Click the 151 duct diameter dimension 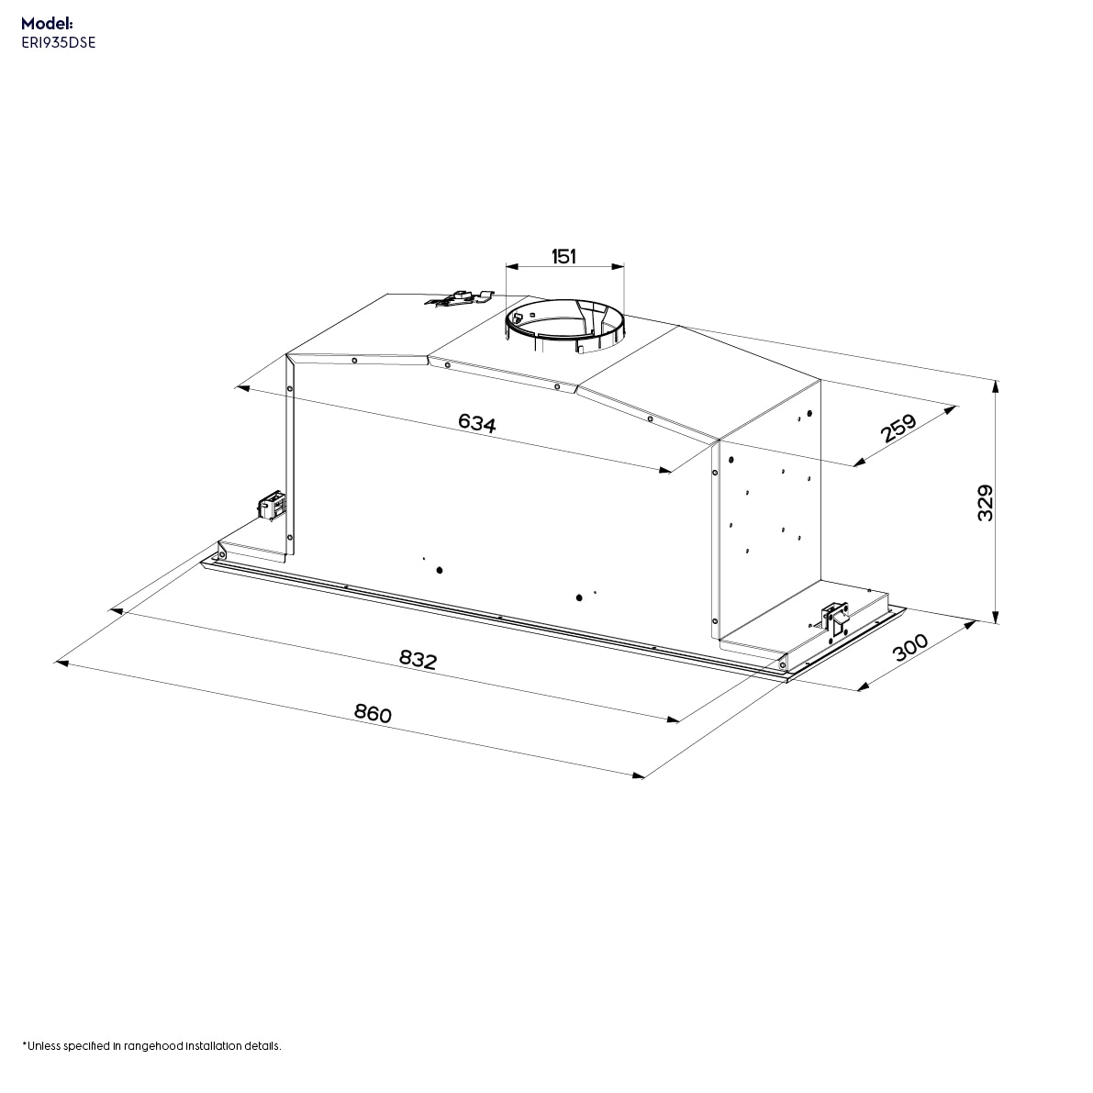pyautogui.click(x=563, y=256)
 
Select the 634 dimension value pyautogui.click(x=477, y=423)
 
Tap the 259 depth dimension pyautogui.click(x=898, y=429)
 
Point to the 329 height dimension pyautogui.click(x=985, y=504)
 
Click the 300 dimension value pyautogui.click(x=910, y=648)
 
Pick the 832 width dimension pyautogui.click(x=418, y=659)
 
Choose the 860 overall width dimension pyautogui.click(x=374, y=713)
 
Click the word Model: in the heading pyautogui.click(x=47, y=24)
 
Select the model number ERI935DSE pyautogui.click(x=57, y=42)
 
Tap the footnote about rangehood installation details pyautogui.click(x=151, y=1045)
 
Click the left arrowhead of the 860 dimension pyautogui.click(x=61, y=660)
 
